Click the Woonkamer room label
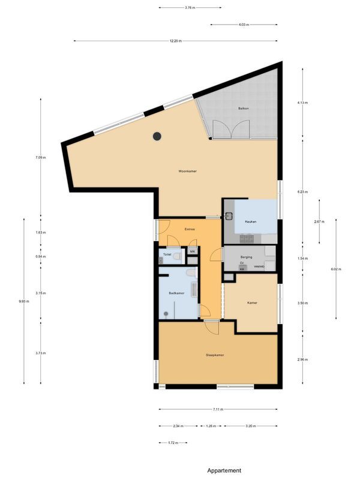(187, 172)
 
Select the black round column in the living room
(157, 136)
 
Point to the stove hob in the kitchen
(247, 239)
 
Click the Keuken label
(251, 221)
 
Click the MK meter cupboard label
(193, 251)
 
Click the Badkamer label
(176, 293)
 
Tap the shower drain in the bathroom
(166, 314)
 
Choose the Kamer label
(252, 303)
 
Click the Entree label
(190, 229)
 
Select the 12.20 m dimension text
(175, 41)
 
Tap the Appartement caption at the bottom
(224, 470)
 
